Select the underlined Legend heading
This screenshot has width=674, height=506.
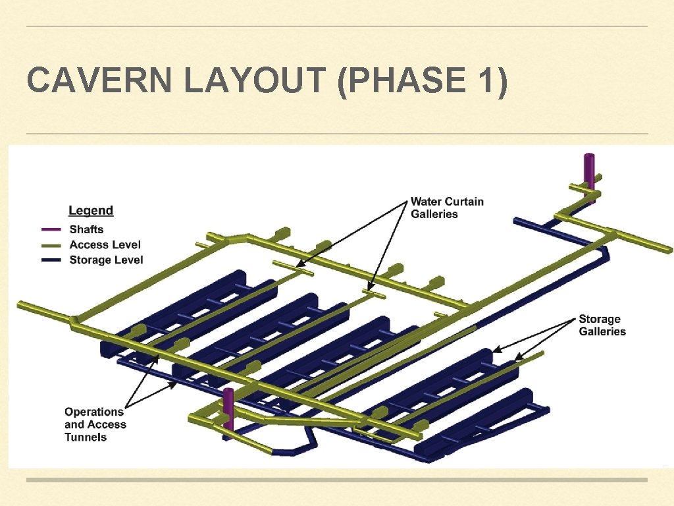tap(91, 211)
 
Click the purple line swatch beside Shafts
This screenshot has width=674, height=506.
tap(51, 230)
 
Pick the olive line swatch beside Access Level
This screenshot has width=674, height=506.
tap(51, 245)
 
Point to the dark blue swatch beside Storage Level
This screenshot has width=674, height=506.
tap(51, 260)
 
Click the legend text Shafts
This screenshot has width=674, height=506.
tap(86, 230)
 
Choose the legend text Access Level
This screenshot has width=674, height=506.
tap(105, 245)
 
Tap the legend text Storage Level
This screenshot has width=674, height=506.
tap(106, 260)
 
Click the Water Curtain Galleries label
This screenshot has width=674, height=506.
tap(447, 208)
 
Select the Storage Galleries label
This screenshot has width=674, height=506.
tap(602, 325)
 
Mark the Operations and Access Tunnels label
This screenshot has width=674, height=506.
tap(95, 424)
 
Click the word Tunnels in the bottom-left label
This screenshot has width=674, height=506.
tap(85, 437)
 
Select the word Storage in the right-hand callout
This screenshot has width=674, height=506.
tap(600, 320)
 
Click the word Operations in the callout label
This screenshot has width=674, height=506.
tap(94, 412)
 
